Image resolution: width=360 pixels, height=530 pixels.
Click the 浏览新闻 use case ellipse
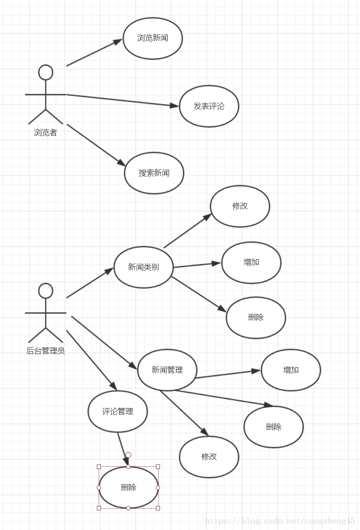point(153,38)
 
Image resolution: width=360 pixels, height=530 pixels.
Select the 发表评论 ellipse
point(209,106)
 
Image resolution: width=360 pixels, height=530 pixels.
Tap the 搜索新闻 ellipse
point(154,173)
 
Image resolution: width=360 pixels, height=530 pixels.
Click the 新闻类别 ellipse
point(144,267)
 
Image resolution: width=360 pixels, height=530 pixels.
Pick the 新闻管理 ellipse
point(167,370)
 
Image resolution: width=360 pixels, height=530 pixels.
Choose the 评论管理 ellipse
point(118,411)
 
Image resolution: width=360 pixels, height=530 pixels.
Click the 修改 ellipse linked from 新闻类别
point(240,206)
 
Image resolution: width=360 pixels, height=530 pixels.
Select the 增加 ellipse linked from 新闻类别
point(251,262)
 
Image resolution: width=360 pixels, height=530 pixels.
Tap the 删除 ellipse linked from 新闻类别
point(256,318)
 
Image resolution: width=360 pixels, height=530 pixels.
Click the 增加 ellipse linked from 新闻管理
point(291,370)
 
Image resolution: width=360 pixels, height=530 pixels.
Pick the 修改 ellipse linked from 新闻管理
point(209,457)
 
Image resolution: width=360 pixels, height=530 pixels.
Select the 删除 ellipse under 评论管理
point(129,487)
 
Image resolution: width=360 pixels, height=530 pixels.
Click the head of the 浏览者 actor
point(45,72)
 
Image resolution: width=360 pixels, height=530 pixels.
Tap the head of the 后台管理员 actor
point(45,291)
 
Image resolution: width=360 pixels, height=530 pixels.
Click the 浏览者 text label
point(45,132)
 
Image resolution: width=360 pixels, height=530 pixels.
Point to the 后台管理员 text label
point(45,351)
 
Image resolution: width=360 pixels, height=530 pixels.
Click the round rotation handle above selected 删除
point(128,455)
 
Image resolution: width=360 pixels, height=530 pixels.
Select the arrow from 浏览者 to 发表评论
point(123,101)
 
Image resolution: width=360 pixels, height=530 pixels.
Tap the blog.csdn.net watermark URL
point(280,521)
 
